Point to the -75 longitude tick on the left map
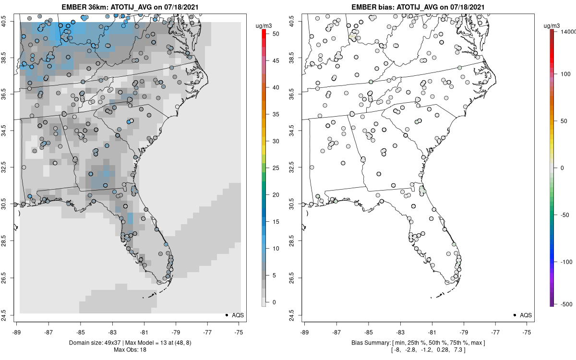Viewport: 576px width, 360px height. (x=239, y=331)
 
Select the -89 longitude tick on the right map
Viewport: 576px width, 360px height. (x=304, y=331)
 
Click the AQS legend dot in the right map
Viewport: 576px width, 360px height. (x=514, y=315)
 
